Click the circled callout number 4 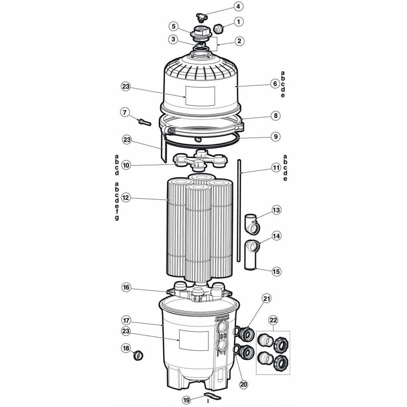[x=238, y=6]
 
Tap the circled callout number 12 [x=125, y=198]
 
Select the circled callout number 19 [x=187, y=400]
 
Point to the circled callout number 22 [x=274, y=320]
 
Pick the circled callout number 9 [x=276, y=136]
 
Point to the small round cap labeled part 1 [x=218, y=28]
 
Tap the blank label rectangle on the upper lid [x=200, y=96]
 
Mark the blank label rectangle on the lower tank [x=193, y=340]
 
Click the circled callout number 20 [x=244, y=384]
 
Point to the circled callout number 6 [x=275, y=84]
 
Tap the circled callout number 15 [x=276, y=271]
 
